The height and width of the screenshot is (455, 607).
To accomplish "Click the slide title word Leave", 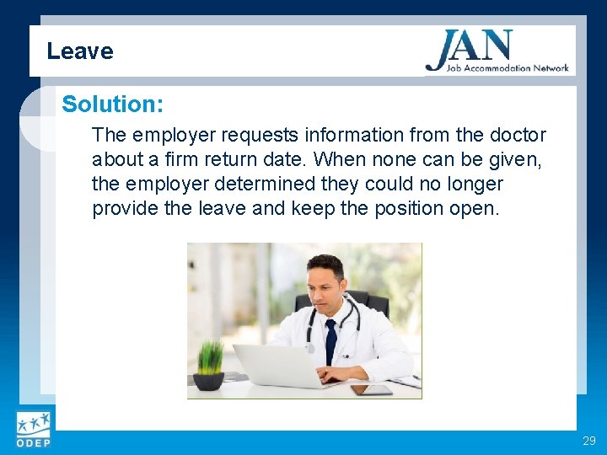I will (79, 51).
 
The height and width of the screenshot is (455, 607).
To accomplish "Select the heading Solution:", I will (112, 104).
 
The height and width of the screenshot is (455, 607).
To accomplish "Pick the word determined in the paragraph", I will (279, 184).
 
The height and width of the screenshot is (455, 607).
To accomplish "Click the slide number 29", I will (588, 441).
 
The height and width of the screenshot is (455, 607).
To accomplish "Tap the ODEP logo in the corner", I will (32, 431).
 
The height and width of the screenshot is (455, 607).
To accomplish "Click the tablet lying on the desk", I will (372, 389).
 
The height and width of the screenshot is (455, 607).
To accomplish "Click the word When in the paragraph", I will (344, 159).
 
